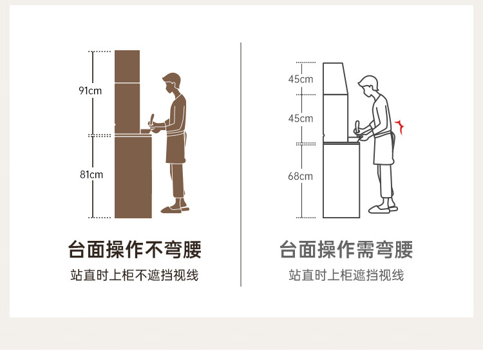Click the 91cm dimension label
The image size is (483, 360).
tap(90, 91)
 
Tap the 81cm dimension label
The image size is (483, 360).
tap(91, 175)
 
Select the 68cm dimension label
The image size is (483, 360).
tap(300, 176)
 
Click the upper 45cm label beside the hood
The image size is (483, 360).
tap(301, 79)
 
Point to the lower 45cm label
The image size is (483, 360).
tap(301, 118)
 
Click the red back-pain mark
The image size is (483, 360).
tap(400, 127)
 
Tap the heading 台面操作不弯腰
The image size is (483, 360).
tap(135, 249)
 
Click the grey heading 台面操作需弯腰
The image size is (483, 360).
tap(346, 249)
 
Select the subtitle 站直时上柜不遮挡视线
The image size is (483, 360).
tap(135, 275)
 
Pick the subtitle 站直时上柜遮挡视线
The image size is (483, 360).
tap(346, 275)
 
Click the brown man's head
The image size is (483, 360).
tap(171, 83)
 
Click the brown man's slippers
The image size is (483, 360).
tap(175, 209)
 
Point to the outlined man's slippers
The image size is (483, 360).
tap(383, 209)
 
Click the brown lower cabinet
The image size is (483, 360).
tap(133, 176)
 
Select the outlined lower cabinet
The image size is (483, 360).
tap(341, 180)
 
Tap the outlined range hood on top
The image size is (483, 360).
tap(335, 79)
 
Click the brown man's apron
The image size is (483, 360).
tap(176, 147)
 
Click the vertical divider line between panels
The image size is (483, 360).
tap(241, 164)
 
